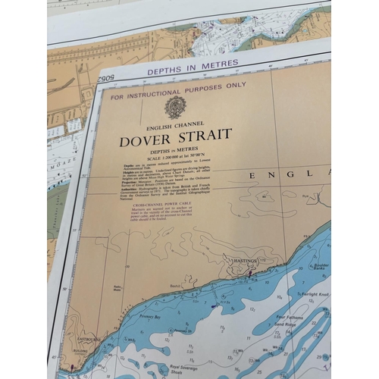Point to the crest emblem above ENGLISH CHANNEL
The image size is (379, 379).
coord(175,107)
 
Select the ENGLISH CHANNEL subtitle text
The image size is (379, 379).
coord(175,124)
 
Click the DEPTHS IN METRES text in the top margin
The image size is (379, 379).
coord(193,65)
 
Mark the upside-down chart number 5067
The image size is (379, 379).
coord(104,79)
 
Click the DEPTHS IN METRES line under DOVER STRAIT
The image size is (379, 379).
coord(175,150)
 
